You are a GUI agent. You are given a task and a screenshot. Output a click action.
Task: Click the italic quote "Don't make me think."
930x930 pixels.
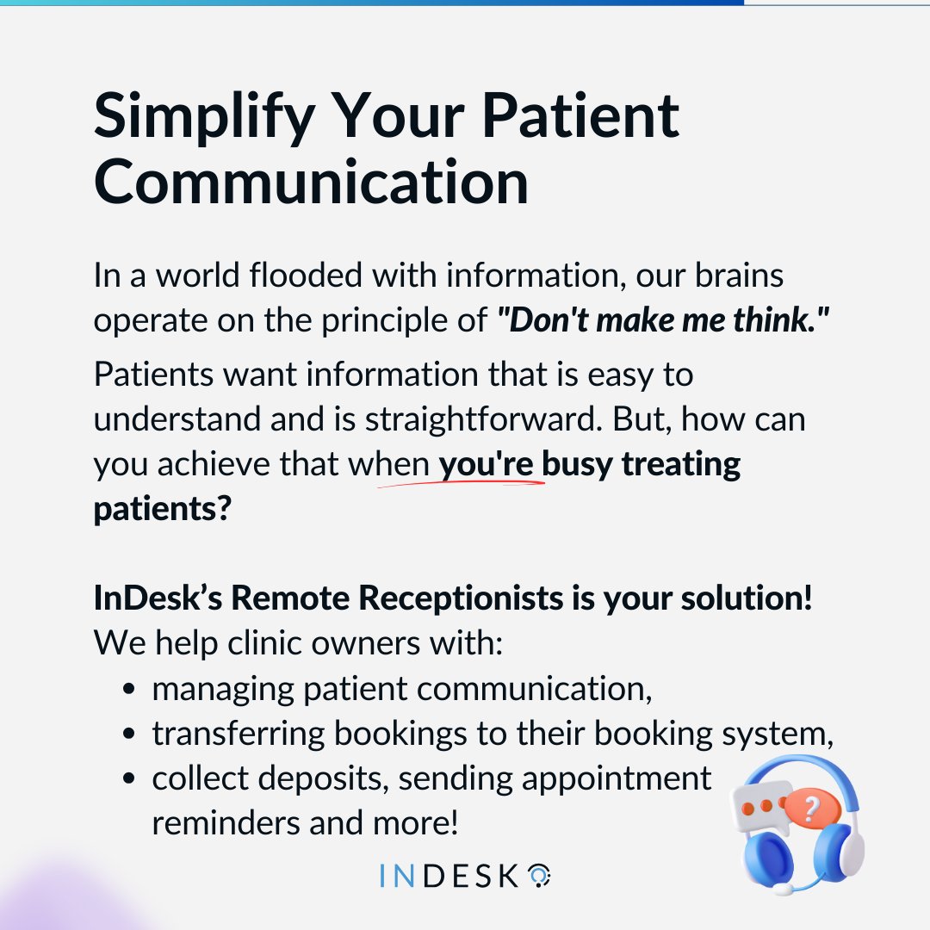pyautogui.click(x=662, y=320)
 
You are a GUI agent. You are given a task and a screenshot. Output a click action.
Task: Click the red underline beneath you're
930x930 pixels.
pyautogui.click(x=462, y=484)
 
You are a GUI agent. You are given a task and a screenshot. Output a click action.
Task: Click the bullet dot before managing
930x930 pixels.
pyautogui.click(x=129, y=690)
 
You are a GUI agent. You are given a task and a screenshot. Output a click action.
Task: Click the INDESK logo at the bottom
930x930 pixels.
pyautogui.click(x=464, y=877)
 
